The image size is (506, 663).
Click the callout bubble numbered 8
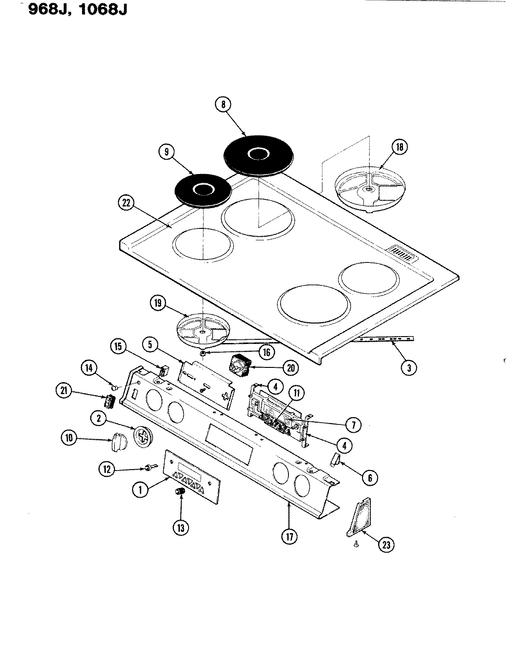223,105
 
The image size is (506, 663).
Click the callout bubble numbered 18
399,147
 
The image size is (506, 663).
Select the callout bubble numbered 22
125,203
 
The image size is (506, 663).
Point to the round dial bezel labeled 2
143,436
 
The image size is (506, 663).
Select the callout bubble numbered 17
290,537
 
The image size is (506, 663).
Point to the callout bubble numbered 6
370,478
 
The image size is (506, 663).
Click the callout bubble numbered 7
353,425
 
